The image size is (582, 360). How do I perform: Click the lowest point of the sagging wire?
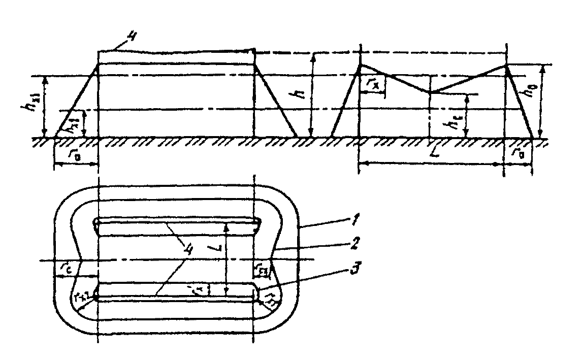[x=430, y=92]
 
